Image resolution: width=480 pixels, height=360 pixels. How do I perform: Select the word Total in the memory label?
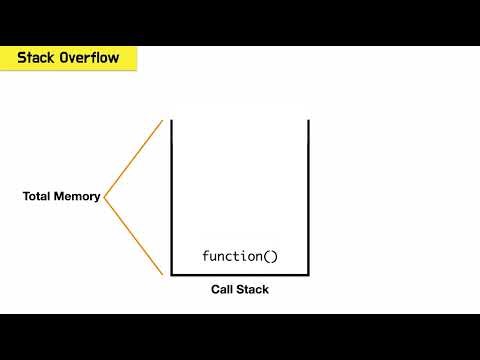click(x=38, y=197)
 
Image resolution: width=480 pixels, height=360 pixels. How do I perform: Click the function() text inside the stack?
click(x=240, y=256)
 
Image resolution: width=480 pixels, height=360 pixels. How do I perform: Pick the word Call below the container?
click(x=222, y=290)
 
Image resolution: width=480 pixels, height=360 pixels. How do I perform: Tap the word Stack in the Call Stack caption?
click(x=253, y=290)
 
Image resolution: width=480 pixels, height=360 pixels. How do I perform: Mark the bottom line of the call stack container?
click(x=240, y=273)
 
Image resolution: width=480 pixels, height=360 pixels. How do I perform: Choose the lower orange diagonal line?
click(x=133, y=235)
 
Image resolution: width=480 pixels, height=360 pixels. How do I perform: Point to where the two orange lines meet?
click(x=105, y=197)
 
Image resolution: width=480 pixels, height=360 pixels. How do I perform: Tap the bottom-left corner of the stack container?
click(x=172, y=273)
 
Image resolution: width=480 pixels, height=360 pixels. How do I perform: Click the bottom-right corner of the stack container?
click(x=308, y=273)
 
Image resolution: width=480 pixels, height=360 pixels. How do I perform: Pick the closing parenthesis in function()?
click(x=274, y=256)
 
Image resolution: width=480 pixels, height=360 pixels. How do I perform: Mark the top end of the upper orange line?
click(x=161, y=121)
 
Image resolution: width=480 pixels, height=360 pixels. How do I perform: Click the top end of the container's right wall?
click(x=308, y=121)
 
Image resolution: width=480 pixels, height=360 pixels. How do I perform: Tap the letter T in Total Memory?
click(x=26, y=197)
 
